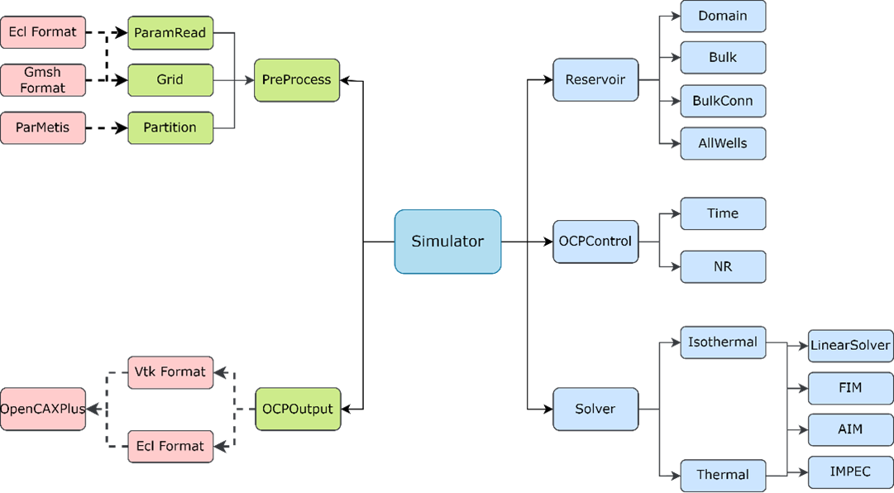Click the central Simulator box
point(447,242)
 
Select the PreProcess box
point(297,80)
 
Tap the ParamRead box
point(170,33)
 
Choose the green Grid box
point(170,80)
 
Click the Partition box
point(170,127)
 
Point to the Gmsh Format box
point(43,80)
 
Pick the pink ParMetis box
point(43,127)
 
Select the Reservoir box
point(595,80)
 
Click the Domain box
point(723,16)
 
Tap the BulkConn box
point(723,101)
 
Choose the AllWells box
point(723,143)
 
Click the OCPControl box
point(595,242)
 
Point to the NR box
point(723,267)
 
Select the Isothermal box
point(723,342)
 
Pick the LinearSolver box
point(850,345)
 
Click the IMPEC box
point(850,472)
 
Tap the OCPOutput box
point(298,409)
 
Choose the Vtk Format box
point(170,372)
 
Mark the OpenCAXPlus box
point(43,409)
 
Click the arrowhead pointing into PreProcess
point(249,80)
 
